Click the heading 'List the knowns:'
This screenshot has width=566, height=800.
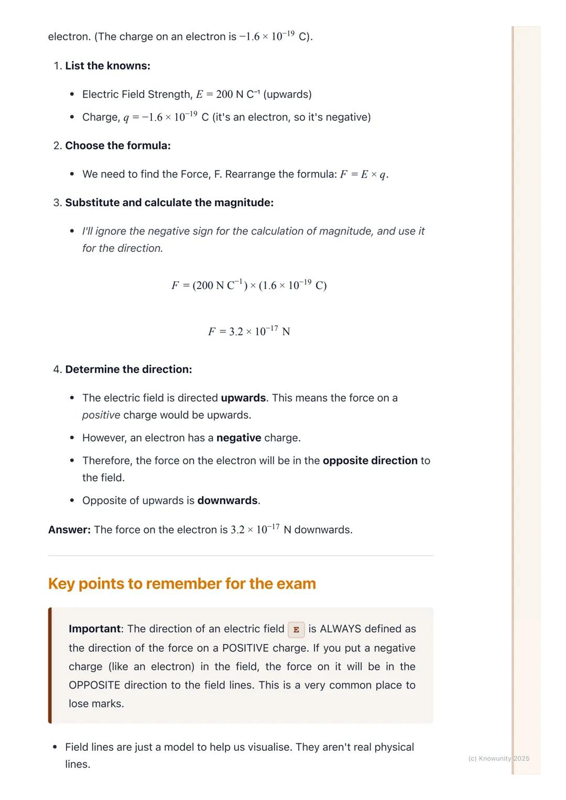[107, 66]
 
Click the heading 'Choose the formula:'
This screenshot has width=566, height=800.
[118, 146]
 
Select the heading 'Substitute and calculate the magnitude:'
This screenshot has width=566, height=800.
[169, 203]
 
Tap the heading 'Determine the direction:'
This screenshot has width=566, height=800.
[128, 369]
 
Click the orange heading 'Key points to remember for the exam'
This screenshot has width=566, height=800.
[182, 583]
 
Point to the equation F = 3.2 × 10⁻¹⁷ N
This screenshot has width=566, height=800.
[249, 331]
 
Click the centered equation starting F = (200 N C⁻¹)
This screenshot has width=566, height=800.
[249, 285]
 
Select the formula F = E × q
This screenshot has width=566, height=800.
[364, 174]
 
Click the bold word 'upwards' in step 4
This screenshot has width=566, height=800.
[243, 398]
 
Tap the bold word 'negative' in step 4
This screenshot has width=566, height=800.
[238, 438]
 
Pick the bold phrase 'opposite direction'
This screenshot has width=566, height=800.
[370, 461]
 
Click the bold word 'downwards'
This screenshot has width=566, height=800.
[227, 501]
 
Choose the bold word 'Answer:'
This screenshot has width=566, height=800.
[69, 530]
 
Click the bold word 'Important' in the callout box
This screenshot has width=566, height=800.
[95, 629]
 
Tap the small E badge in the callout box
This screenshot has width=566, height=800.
[296, 629]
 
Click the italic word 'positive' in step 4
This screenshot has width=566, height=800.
[101, 415]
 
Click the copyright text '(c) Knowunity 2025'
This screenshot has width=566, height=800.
[498, 758]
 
